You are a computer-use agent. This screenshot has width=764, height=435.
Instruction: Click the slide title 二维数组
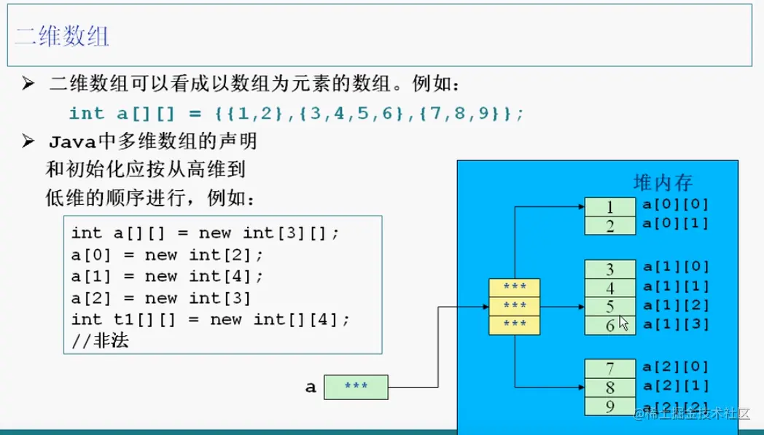tap(63, 36)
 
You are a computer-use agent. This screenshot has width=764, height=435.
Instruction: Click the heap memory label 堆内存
tap(663, 182)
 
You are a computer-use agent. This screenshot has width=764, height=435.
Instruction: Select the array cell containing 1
tap(610, 207)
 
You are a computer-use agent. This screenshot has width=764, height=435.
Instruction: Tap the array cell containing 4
tap(610, 289)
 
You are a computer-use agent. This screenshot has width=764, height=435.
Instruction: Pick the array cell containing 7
tap(610, 369)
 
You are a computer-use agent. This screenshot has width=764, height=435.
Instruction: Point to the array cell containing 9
tap(610, 405)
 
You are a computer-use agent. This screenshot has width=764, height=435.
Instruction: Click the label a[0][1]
tap(675, 223)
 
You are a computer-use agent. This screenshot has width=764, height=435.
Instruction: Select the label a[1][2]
tap(675, 305)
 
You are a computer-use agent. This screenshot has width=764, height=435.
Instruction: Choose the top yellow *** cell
tap(515, 286)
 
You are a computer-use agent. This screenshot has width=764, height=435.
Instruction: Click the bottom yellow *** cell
tap(515, 323)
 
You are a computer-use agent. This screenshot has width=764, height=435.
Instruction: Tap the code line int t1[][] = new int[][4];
tap(211, 319)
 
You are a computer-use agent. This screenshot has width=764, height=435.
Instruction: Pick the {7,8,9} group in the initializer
tap(471, 113)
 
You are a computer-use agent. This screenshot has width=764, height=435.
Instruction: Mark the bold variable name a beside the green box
tap(311, 387)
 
